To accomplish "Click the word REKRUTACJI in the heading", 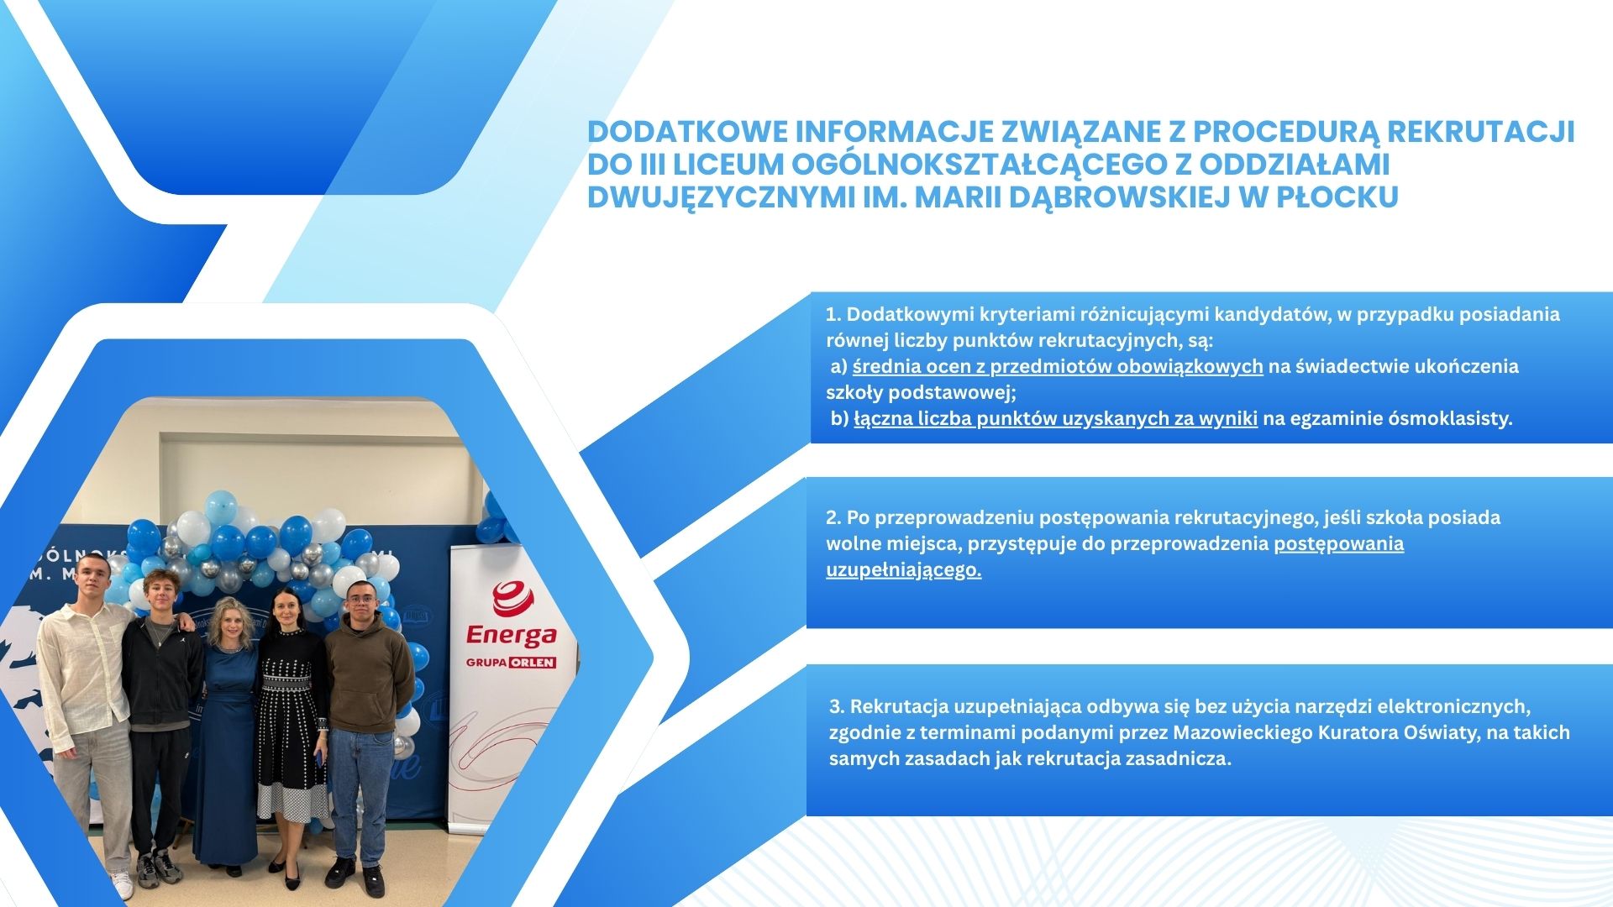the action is pyautogui.click(x=1480, y=132).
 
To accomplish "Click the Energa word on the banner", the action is pyautogui.click(x=512, y=634).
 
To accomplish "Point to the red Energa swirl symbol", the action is pyautogui.click(x=512, y=598).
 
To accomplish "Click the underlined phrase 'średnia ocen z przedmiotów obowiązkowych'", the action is pyautogui.click(x=1058, y=366).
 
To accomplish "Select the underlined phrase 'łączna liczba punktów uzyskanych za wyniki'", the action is pyautogui.click(x=1056, y=418).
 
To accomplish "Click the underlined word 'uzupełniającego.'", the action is pyautogui.click(x=904, y=569).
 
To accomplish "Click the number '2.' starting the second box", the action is pyautogui.click(x=833, y=517).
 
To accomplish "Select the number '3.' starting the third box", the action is pyautogui.click(x=837, y=706).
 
